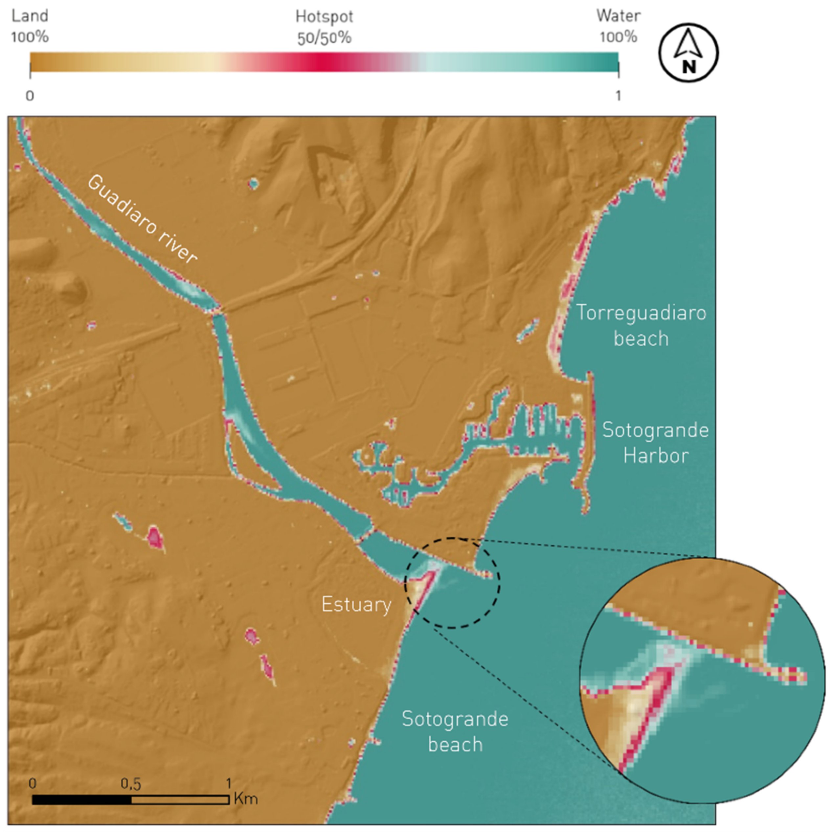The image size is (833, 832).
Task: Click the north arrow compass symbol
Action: pos(688,53)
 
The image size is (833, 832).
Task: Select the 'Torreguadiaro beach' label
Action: pos(641,326)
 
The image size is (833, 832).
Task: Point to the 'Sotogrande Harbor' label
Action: pos(655,443)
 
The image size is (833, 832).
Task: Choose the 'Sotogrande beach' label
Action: pos(455,731)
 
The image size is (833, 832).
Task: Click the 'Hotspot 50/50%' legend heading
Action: pos(324,27)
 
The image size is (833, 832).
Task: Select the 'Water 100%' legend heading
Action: pos(618,26)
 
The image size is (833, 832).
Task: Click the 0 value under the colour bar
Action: pos(30,95)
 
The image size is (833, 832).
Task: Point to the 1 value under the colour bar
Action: pos(618,95)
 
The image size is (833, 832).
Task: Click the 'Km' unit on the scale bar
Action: pos(246,799)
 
